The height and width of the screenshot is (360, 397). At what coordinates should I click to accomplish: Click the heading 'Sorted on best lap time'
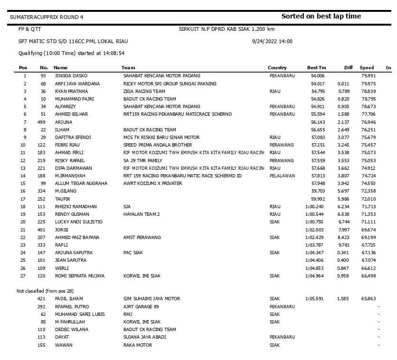(321, 16)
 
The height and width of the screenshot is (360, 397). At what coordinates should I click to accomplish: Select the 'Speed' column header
(367, 68)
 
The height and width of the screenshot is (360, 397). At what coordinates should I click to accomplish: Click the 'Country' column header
(277, 68)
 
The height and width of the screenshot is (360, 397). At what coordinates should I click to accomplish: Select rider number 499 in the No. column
(42, 122)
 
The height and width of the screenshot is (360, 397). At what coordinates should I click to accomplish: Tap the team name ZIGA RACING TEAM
(144, 91)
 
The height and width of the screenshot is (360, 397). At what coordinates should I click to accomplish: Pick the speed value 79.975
(368, 83)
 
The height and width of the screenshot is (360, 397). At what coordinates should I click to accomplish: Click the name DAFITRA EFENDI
(70, 137)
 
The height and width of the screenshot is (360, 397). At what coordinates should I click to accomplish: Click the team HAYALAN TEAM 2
(142, 214)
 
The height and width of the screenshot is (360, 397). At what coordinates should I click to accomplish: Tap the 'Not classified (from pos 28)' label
(45, 291)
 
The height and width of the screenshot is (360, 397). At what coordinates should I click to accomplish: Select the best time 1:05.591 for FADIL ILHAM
(314, 299)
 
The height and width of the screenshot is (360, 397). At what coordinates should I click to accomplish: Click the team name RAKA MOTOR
(138, 345)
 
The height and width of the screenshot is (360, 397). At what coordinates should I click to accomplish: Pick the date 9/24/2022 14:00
(272, 41)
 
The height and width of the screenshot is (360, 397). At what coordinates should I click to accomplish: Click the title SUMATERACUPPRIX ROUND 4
(47, 17)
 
